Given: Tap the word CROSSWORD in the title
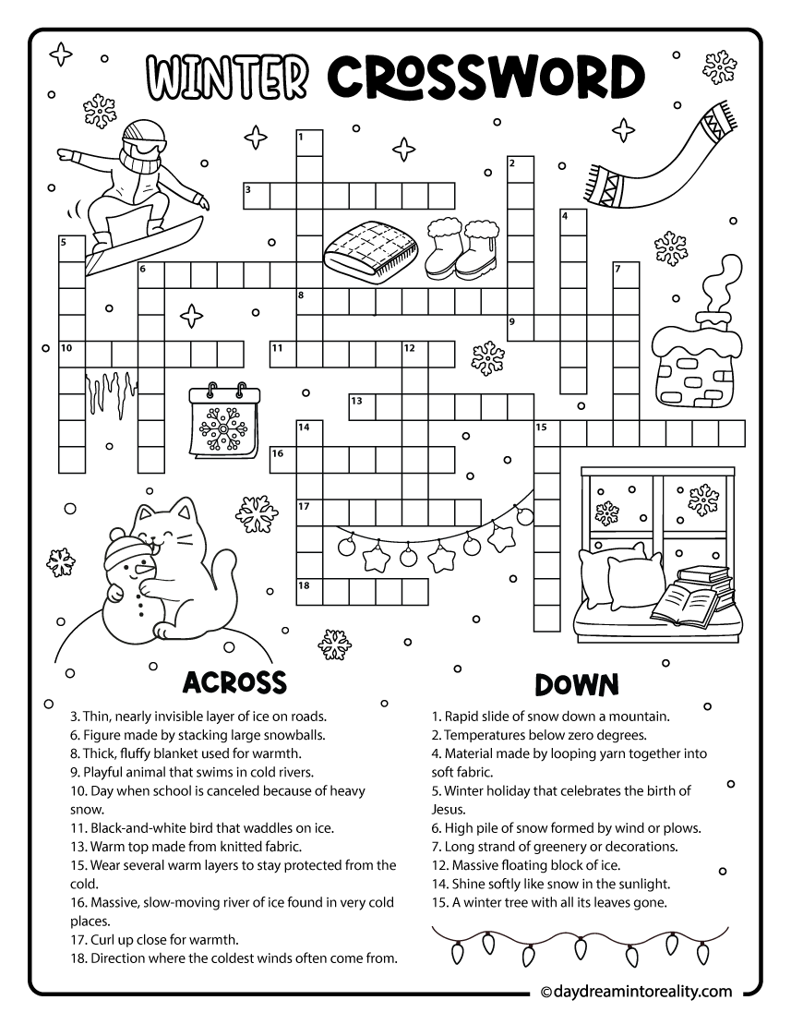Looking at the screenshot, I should click(x=486, y=77).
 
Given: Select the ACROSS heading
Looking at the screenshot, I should click(x=234, y=682).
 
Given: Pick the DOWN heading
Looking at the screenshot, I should click(x=576, y=684).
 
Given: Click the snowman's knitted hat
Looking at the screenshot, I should click(x=124, y=553).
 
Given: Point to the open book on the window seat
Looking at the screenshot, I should click(x=685, y=605).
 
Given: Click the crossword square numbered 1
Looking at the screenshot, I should click(x=308, y=143).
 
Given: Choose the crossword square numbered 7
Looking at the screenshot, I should click(x=627, y=275).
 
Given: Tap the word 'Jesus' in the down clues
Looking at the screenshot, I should click(x=449, y=809).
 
